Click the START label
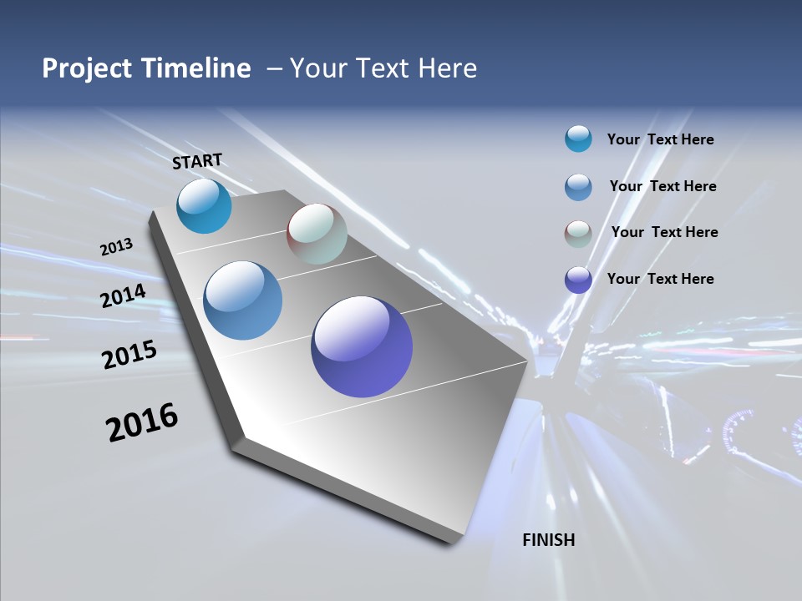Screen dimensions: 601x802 (x=197, y=160)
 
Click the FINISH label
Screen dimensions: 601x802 (x=548, y=540)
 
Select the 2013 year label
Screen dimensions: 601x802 (x=117, y=247)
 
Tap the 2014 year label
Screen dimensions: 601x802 (x=124, y=295)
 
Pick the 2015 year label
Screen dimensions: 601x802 (x=129, y=354)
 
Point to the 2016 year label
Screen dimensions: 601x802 (x=142, y=422)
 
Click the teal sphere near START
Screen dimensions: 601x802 (x=204, y=206)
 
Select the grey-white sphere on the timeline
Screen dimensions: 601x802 (x=317, y=234)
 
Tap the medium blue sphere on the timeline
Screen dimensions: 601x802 (x=243, y=300)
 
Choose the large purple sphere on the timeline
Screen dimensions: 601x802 (x=362, y=346)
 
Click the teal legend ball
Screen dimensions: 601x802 (x=578, y=139)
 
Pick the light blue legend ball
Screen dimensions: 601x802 (x=578, y=186)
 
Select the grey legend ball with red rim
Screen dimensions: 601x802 (x=578, y=233)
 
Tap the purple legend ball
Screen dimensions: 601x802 (x=578, y=279)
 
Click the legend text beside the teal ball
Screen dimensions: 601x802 (x=660, y=139)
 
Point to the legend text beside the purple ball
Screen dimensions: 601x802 (x=660, y=279)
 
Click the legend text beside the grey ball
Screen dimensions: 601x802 (x=664, y=232)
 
